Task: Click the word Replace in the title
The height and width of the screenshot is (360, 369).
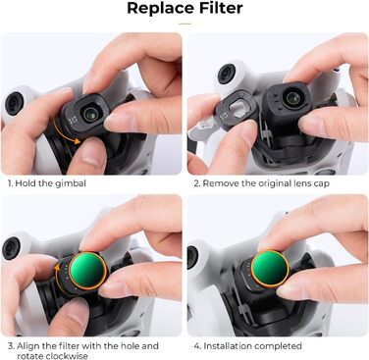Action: (x=158, y=9)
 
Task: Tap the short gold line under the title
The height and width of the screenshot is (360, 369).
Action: (x=184, y=24)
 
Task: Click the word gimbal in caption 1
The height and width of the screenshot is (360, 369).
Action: (x=70, y=183)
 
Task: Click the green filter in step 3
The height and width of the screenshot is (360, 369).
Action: (x=87, y=271)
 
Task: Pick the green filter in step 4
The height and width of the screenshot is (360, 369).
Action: (x=271, y=269)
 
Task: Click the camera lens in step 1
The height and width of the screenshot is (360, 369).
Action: (x=88, y=114)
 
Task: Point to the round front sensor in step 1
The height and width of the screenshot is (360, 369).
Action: (x=14, y=103)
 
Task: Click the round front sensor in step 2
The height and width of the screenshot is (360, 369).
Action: (x=227, y=74)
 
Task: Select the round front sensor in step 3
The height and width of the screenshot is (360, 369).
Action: (x=12, y=248)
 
